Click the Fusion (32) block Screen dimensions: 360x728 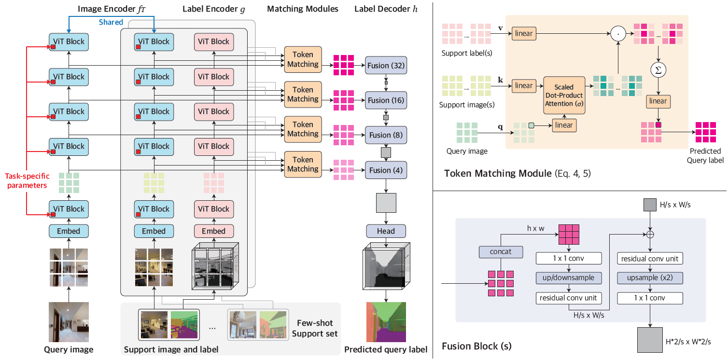click(x=386, y=65)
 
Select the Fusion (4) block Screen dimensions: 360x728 click(x=386, y=170)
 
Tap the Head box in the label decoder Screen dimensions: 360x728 click(x=386, y=231)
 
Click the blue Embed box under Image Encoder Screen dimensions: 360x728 click(x=69, y=231)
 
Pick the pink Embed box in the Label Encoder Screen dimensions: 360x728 click(x=213, y=231)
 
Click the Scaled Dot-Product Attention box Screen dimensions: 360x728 click(x=564, y=95)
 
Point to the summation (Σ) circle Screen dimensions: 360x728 click(x=658, y=70)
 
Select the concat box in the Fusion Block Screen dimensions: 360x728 click(x=501, y=252)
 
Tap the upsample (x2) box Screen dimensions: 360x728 click(x=650, y=278)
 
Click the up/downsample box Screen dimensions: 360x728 click(x=569, y=278)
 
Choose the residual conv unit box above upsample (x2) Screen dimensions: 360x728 click(x=650, y=259)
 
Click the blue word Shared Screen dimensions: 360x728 click(x=111, y=22)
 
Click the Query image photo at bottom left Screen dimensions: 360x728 click(x=69, y=322)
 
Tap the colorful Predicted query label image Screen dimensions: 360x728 click(x=386, y=322)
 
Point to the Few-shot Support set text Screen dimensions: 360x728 click(x=314, y=328)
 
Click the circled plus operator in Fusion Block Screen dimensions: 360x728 click(x=650, y=235)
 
